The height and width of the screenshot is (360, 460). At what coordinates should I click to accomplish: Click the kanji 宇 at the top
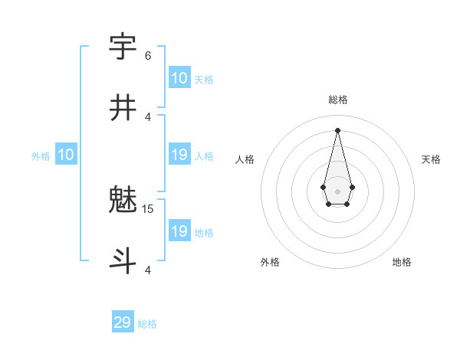click(123, 47)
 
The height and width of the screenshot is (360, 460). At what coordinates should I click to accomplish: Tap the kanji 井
click(123, 107)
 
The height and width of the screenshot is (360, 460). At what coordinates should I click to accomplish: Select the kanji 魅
click(123, 201)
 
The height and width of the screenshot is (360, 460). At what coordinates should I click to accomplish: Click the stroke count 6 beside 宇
click(148, 55)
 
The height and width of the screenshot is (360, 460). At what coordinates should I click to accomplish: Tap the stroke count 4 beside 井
click(148, 116)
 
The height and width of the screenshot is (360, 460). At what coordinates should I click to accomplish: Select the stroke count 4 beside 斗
click(148, 270)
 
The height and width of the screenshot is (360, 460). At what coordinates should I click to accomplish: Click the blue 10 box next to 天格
click(179, 78)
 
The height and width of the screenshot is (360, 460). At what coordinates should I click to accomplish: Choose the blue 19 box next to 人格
click(179, 155)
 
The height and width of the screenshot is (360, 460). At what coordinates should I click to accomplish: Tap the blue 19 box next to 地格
click(179, 231)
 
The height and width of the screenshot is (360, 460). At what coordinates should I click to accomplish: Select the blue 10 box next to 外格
click(66, 155)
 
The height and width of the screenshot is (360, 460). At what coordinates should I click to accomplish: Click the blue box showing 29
click(123, 322)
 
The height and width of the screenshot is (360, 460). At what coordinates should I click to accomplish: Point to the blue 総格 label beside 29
click(147, 324)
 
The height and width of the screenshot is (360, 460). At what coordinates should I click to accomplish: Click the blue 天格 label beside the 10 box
click(204, 80)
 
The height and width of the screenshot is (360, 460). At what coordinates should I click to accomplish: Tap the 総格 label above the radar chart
click(337, 100)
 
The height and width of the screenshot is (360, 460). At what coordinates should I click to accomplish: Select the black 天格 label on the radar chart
click(432, 159)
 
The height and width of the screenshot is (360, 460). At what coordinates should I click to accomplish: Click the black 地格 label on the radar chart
click(402, 262)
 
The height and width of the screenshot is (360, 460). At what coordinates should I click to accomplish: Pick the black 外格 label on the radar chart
click(270, 262)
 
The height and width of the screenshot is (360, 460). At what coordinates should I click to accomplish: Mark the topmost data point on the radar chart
click(337, 130)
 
